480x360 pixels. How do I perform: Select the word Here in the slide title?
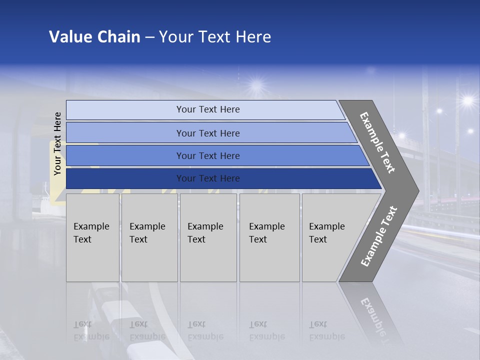click(x=253, y=37)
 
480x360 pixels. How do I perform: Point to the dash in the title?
click(x=149, y=37)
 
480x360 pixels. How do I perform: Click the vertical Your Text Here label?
click(x=57, y=143)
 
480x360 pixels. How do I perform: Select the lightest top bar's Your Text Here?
click(x=208, y=109)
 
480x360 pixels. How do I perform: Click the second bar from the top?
click(x=208, y=133)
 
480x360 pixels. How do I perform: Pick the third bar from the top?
click(x=208, y=156)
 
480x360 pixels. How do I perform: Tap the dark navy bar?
click(x=208, y=178)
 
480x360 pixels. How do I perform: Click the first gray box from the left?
click(x=92, y=237)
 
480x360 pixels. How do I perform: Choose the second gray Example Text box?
click(x=149, y=237)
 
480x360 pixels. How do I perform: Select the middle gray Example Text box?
click(x=208, y=237)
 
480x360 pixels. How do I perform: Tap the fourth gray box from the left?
click(x=269, y=237)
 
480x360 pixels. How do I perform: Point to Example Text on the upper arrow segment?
click(x=377, y=142)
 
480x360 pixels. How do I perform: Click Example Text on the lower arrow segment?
click(x=379, y=236)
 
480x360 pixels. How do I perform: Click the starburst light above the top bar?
click(x=256, y=84)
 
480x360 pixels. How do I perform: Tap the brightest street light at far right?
click(x=467, y=101)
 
